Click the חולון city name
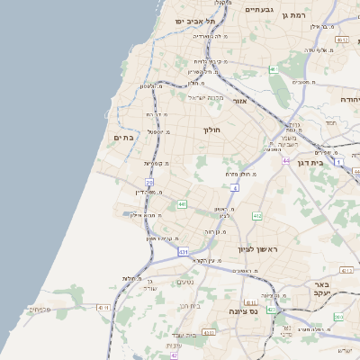(212, 130)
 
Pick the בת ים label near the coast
(123, 138)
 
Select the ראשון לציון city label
(256, 248)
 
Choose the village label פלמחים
(39, 309)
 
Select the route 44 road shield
(284, 161)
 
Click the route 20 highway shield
(149, 183)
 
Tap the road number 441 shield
(182, 205)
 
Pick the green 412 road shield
(257, 216)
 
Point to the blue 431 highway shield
(182, 251)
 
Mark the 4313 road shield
(209, 332)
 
